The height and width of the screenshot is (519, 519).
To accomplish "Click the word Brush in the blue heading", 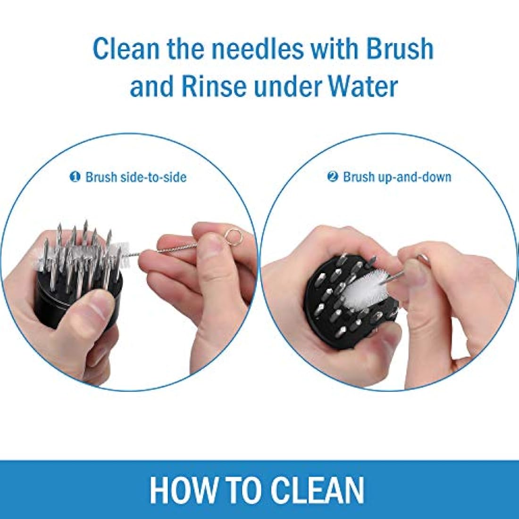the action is (x=400, y=50).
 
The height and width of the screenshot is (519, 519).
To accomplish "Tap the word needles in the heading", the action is (x=258, y=50).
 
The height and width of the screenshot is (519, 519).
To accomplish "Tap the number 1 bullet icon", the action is (x=75, y=177).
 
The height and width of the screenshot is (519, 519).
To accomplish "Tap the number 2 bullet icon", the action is (x=333, y=176).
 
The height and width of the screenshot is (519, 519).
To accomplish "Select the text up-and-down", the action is (x=415, y=177).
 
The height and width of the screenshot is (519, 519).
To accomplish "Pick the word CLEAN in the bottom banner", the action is (x=317, y=490).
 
